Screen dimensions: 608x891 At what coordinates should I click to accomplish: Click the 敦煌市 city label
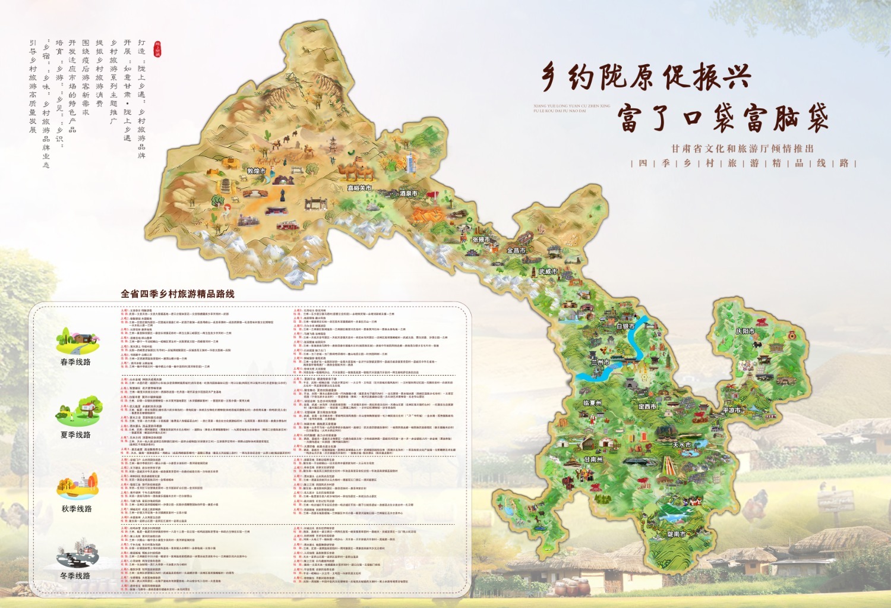click(x=256, y=171)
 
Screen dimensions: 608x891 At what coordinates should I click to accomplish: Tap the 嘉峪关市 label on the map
click(x=359, y=188)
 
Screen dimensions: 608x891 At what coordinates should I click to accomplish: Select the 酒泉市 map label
click(x=408, y=193)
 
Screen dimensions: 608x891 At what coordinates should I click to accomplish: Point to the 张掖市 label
click(x=481, y=240)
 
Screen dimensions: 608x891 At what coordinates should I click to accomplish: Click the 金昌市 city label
click(x=516, y=250)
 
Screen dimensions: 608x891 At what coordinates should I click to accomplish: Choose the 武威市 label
click(x=548, y=272)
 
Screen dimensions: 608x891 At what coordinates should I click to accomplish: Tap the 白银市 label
click(x=625, y=326)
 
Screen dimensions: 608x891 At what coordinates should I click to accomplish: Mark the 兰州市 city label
click(x=600, y=362)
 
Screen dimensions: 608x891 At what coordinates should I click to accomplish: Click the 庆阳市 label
click(x=745, y=331)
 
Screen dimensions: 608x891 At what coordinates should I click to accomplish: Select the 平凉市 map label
click(x=731, y=410)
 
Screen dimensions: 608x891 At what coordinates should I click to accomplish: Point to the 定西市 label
click(x=647, y=407)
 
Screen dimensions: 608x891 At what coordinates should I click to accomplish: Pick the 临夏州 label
click(x=592, y=403)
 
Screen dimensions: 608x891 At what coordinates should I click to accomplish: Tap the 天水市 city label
click(x=681, y=445)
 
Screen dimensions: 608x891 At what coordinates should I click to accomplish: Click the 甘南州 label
click(x=593, y=459)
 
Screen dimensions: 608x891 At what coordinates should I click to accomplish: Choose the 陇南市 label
click(x=676, y=534)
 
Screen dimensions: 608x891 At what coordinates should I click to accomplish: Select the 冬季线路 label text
click(x=75, y=575)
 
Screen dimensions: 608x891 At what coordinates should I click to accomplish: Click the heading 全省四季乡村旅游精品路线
click(x=178, y=294)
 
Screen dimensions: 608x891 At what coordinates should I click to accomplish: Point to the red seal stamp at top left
click(x=157, y=48)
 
